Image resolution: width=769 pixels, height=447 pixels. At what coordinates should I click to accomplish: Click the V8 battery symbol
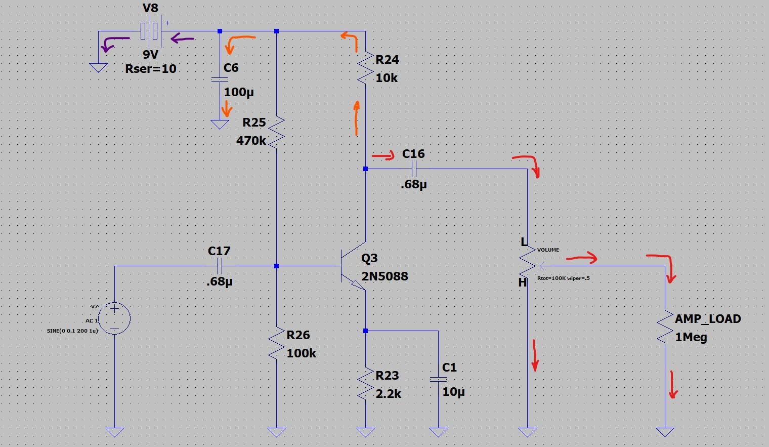151,31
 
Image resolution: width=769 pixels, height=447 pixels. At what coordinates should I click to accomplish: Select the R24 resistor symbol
365,68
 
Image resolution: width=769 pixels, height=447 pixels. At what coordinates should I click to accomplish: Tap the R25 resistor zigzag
276,132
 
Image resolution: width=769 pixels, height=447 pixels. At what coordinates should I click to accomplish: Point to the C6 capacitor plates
220,79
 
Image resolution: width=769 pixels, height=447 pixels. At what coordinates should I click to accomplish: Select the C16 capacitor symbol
414,169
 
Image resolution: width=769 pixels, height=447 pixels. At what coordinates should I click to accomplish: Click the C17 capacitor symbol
220,266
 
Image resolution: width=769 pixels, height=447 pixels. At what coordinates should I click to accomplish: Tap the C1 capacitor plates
439,379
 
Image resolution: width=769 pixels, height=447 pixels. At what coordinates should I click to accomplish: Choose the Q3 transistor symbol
353,266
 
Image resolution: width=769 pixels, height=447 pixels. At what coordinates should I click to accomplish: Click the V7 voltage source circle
114,318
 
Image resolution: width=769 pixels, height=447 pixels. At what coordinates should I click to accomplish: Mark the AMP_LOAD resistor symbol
665,327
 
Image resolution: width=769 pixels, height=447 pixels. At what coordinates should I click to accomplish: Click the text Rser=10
151,69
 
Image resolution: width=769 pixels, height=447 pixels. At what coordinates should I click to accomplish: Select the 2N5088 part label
385,276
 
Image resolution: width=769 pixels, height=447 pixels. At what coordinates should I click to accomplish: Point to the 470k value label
251,141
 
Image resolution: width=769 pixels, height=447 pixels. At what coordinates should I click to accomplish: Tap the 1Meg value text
691,337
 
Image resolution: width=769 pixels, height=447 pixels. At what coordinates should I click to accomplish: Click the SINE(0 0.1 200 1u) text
72,331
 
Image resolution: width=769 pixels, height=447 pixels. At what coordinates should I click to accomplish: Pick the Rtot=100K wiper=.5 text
564,278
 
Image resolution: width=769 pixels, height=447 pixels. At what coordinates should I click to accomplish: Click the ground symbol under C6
220,125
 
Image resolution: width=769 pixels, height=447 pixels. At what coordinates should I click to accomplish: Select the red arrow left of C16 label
383,155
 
